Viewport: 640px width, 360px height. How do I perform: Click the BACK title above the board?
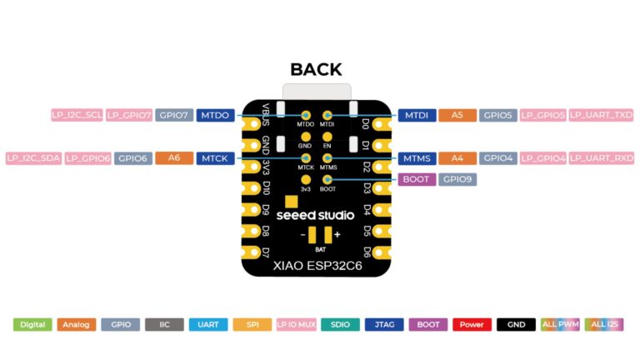click(x=316, y=69)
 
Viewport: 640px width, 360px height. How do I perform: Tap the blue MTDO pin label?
click(x=215, y=115)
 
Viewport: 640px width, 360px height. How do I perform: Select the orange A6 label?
click(x=174, y=158)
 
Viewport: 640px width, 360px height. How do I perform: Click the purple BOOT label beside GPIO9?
click(x=417, y=179)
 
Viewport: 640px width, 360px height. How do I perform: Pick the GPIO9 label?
click(x=457, y=179)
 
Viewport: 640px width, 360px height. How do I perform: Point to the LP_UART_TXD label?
click(x=601, y=115)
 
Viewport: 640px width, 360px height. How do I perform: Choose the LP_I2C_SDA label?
click(x=34, y=158)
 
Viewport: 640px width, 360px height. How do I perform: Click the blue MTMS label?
click(x=417, y=158)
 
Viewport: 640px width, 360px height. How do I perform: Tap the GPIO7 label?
click(x=174, y=115)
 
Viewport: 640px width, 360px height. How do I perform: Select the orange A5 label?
click(x=457, y=115)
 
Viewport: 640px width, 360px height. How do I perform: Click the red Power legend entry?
click(x=472, y=324)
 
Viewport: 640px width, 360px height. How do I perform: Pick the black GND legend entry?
click(x=516, y=324)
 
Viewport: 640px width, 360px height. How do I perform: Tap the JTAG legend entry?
click(x=384, y=324)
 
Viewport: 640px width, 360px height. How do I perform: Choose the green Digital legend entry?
click(x=32, y=324)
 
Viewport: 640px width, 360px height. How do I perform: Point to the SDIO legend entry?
click(x=340, y=324)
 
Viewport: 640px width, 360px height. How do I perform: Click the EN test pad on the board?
click(x=327, y=137)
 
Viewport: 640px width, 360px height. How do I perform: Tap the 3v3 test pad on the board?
click(x=305, y=180)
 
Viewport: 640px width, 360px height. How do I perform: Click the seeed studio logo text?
click(x=315, y=215)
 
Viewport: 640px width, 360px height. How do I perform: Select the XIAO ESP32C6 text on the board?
click(x=317, y=266)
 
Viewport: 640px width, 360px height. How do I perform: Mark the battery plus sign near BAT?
click(x=337, y=234)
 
